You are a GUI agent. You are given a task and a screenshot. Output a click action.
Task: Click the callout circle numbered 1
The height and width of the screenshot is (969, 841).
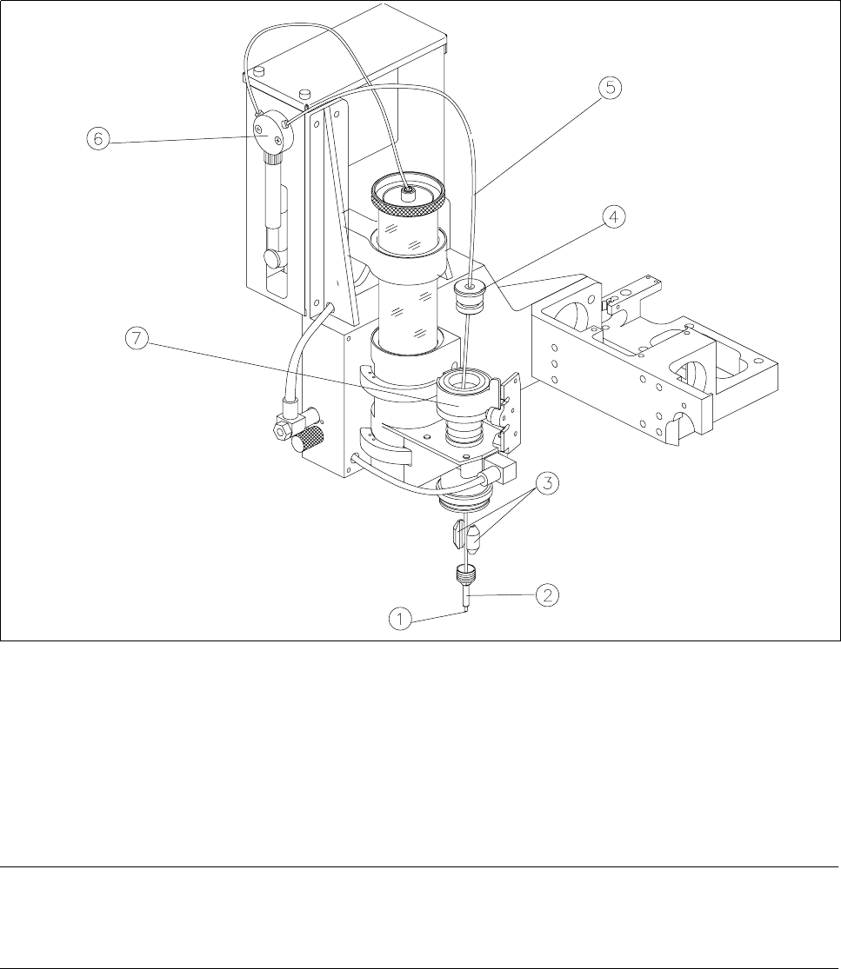pos(401,619)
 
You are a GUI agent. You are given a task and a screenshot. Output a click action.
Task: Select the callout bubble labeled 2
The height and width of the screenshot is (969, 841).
pos(547,596)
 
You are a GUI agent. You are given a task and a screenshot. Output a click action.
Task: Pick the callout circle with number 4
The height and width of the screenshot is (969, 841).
pos(614,218)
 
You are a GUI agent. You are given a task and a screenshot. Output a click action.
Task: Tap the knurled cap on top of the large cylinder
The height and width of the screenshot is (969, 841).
pos(409,201)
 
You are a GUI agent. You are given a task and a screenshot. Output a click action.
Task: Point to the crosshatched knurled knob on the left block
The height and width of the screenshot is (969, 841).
pos(310,440)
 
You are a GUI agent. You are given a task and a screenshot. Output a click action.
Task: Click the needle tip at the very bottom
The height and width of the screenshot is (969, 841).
pos(467,610)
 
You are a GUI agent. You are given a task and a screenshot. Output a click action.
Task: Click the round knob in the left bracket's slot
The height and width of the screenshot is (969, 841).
pos(273,258)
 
